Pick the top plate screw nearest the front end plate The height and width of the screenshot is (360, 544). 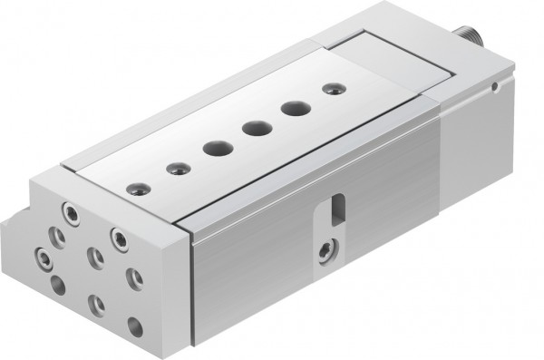[x=138, y=189]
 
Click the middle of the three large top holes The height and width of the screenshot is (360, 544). [x=252, y=129]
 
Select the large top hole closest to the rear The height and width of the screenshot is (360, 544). [x=292, y=108]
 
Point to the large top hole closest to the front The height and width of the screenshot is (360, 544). [x=215, y=148]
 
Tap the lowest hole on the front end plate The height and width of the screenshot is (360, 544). [x=135, y=327]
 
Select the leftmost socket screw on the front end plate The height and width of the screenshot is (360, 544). [x=44, y=255]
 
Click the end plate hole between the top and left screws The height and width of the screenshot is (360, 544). [x=56, y=238]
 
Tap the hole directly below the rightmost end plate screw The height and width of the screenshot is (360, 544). [x=134, y=277]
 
